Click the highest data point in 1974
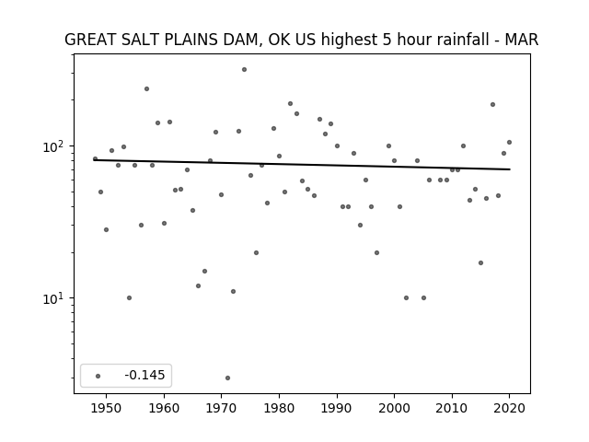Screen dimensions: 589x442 tap(244, 70)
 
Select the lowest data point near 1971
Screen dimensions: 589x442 tap(227, 378)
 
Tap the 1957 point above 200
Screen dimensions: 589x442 tap(146, 89)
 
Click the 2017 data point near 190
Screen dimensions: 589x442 tap(492, 104)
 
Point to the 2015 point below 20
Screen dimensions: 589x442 tap(480, 263)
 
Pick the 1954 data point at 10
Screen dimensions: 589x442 tap(129, 298)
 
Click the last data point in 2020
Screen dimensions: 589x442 tap(509, 143)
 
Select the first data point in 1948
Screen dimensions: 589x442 tap(95, 159)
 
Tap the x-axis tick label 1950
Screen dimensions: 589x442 tap(107, 408)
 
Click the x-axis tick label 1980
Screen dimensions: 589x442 tap(279, 408)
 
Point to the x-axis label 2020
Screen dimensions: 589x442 tap(509, 408)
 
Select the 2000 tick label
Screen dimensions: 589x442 tap(394, 408)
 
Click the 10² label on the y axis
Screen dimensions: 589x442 tap(55, 146)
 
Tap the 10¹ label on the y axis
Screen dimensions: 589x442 tap(55, 298)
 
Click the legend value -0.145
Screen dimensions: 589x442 tap(144, 375)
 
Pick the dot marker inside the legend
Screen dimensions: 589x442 tap(98, 376)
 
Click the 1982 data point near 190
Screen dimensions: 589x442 tap(291, 104)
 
